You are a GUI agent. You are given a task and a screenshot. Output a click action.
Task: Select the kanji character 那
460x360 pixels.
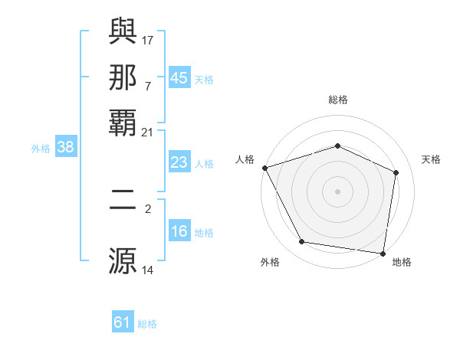coord(123,77)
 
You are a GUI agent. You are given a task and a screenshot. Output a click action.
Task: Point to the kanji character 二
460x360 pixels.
coord(123,204)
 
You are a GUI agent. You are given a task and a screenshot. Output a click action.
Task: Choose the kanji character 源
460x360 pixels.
coord(123,260)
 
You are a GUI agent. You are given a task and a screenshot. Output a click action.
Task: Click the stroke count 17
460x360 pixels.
coord(149,40)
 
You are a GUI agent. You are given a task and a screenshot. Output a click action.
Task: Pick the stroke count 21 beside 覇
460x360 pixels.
coord(147,133)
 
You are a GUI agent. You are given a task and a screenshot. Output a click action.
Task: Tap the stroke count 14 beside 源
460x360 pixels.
coord(148,270)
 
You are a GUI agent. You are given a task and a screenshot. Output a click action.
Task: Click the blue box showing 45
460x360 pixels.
coord(179,78)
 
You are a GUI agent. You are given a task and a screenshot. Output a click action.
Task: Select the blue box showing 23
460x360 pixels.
coord(179,162)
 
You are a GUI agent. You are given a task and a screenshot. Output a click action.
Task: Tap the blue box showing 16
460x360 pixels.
coord(179,232)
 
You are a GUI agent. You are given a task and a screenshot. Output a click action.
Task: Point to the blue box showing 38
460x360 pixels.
coord(65,148)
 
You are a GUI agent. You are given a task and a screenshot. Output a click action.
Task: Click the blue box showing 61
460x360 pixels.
coord(123,322)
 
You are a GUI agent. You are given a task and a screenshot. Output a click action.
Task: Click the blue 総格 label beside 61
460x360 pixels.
coord(147,324)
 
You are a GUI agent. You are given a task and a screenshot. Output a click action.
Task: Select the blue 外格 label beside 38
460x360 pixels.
coord(41,149)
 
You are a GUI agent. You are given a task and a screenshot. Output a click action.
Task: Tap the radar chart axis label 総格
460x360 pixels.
coord(337,100)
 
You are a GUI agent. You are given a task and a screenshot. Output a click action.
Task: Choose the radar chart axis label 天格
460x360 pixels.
coord(431,159)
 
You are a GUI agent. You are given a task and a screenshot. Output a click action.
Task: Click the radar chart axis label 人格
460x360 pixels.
coord(245,159)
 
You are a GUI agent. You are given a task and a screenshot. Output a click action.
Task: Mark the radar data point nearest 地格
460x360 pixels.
coord(383,253)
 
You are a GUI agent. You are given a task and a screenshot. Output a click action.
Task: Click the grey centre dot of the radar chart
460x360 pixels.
coord(337,191)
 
